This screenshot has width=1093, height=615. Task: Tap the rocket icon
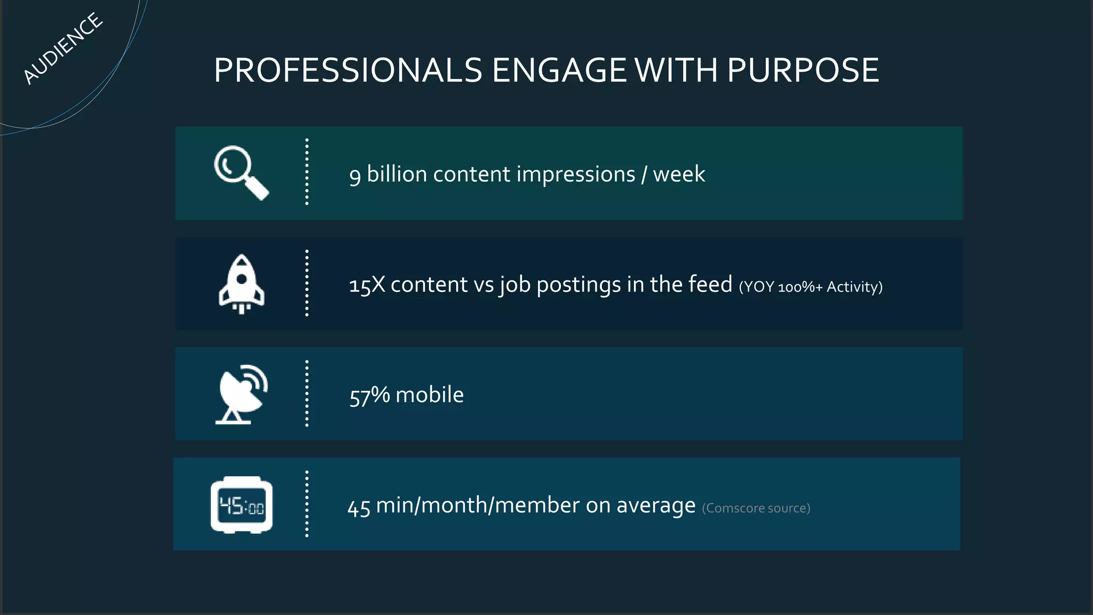click(242, 284)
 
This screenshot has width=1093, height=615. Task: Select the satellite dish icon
click(241, 395)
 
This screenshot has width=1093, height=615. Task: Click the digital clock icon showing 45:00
click(242, 504)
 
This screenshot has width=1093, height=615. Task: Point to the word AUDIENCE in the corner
click(62, 49)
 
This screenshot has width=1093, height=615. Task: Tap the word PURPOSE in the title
click(803, 70)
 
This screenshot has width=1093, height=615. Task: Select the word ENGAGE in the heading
click(559, 70)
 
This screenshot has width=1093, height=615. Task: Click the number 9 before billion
click(355, 175)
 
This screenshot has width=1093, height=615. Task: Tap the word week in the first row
click(679, 175)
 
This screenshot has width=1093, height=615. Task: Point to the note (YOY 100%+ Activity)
click(811, 287)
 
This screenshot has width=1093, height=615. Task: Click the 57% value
click(369, 396)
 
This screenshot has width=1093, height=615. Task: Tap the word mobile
click(430, 395)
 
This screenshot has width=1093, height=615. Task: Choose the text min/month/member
click(478, 505)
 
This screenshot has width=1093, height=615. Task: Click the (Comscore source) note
click(756, 508)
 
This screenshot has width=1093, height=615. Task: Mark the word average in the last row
click(656, 506)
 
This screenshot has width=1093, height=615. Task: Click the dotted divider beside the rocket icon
click(307, 283)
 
